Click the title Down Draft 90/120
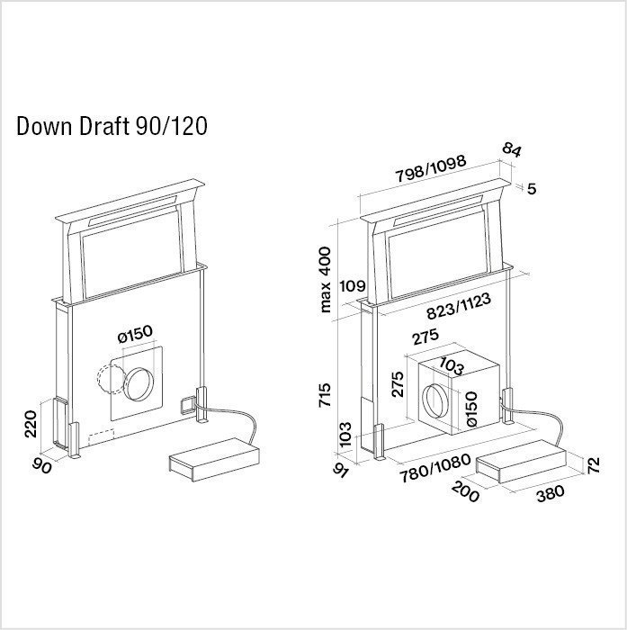tap(112, 126)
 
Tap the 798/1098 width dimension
tap(431, 168)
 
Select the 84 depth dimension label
tap(512, 150)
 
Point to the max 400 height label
tap(325, 280)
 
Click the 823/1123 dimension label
tap(459, 306)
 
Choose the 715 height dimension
tap(325, 395)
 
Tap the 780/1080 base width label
tap(435, 468)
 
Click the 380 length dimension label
tap(551, 494)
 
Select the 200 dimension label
tap(466, 491)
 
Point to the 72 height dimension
tap(593, 465)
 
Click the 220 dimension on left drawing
tap(31, 424)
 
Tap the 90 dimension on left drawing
tap(42, 465)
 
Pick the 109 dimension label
tap(353, 286)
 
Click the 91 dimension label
tap(342, 469)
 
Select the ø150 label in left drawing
tap(135, 334)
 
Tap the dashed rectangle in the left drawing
tap(101, 436)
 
